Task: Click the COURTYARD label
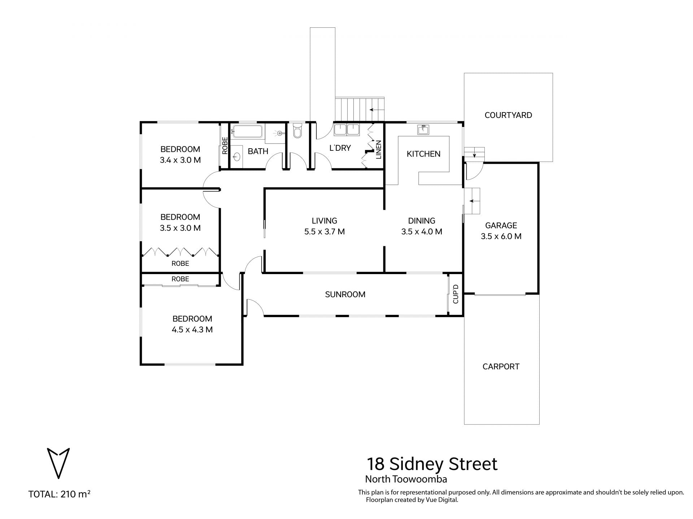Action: pyautogui.click(x=508, y=115)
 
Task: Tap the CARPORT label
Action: pyautogui.click(x=501, y=366)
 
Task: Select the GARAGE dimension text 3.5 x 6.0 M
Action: pyautogui.click(x=501, y=236)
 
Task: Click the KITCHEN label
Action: pyautogui.click(x=423, y=154)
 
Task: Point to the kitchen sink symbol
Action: pyautogui.click(x=423, y=129)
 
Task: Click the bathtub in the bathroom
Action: pyautogui.click(x=248, y=131)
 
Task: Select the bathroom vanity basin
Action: pyautogui.click(x=237, y=157)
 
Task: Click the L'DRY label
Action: pyautogui.click(x=340, y=148)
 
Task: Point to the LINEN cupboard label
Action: pyautogui.click(x=379, y=150)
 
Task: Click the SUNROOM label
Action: pyautogui.click(x=345, y=294)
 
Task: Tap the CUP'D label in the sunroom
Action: pyautogui.click(x=456, y=294)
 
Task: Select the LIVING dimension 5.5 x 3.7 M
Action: pyautogui.click(x=324, y=232)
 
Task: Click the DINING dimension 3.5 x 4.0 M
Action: pyautogui.click(x=422, y=232)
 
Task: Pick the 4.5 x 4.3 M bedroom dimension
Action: pyautogui.click(x=192, y=330)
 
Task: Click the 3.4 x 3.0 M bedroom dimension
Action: pyautogui.click(x=180, y=160)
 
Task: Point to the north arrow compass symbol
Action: pyautogui.click(x=58, y=463)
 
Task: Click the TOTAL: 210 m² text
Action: pyautogui.click(x=59, y=494)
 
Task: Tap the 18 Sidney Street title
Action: pyautogui.click(x=432, y=464)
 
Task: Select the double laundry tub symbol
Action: pyautogui.click(x=346, y=129)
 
